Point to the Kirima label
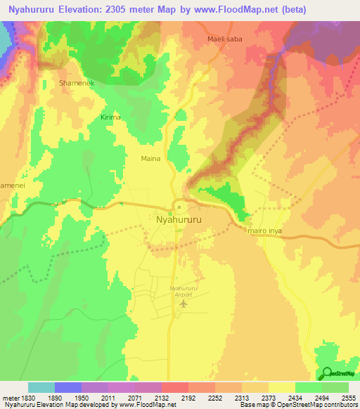[111, 117]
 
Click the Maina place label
[150, 159]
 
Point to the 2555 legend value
[347, 397]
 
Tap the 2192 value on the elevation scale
[187, 397]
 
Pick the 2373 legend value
[267, 397]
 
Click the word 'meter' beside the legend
[8, 397]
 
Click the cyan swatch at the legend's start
[41, 387]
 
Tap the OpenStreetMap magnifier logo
[328, 373]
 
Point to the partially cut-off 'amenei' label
[12, 182]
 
